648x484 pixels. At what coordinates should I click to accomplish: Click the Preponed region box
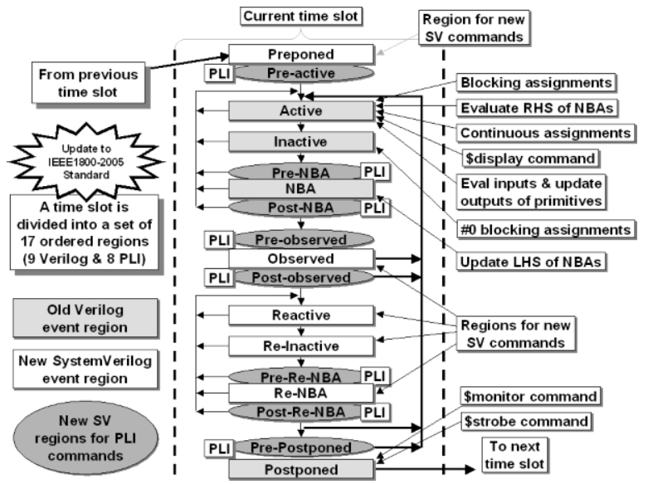tap(301, 54)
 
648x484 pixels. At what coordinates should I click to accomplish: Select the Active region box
tap(301, 110)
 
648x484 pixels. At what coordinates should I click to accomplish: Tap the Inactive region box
tap(301, 141)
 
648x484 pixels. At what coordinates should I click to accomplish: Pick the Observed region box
tap(301, 258)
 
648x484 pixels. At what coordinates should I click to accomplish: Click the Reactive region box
tap(301, 315)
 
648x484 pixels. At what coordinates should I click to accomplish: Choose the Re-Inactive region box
tap(301, 346)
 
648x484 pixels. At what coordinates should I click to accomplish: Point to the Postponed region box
tap(301, 470)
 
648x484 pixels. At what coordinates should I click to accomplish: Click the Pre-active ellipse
tap(301, 73)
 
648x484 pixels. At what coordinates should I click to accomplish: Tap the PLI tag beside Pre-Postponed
tap(219, 448)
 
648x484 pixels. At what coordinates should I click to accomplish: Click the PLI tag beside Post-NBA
tap(375, 208)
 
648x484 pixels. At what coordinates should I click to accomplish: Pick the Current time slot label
tap(301, 17)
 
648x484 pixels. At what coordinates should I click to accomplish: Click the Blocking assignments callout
tap(536, 83)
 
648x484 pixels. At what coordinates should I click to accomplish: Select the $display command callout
tap(530, 159)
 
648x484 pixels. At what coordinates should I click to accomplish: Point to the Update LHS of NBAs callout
tap(531, 262)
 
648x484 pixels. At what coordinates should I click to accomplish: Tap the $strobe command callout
tap(526, 422)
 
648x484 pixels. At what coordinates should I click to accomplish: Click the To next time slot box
tap(514, 455)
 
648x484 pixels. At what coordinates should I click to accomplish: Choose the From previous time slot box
tap(88, 83)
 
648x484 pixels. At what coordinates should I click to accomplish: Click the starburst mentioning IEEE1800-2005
tap(86, 161)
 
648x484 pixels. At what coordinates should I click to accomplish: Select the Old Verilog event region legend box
tap(85, 319)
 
